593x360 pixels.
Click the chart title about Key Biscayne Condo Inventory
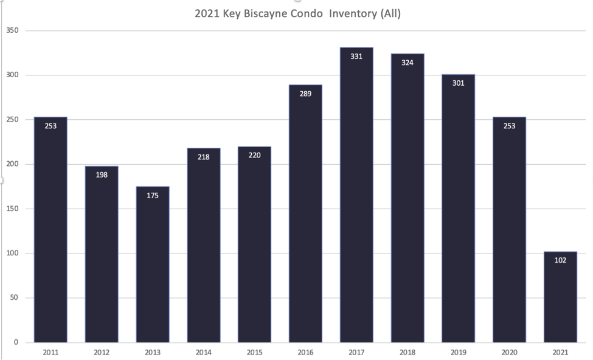(x=297, y=13)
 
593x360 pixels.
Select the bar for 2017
(x=356, y=195)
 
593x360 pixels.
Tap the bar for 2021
(x=560, y=297)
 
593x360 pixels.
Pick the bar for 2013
(x=153, y=265)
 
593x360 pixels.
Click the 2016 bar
(x=305, y=213)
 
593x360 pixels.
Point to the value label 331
(x=356, y=57)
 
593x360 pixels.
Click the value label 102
(x=560, y=260)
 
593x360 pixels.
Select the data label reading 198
(x=102, y=175)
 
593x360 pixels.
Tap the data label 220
(x=254, y=155)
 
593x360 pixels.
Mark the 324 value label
(x=407, y=63)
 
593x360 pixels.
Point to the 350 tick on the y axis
(x=12, y=30)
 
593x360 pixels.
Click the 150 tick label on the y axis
(x=12, y=209)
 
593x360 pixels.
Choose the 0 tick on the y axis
(x=16, y=342)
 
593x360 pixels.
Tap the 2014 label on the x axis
(x=204, y=353)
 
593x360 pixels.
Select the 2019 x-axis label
(x=459, y=353)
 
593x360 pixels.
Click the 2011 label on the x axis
(x=50, y=353)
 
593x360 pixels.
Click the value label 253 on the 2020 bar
(x=509, y=126)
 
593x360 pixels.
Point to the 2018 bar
(x=407, y=198)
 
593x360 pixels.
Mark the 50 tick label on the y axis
(x=14, y=297)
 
